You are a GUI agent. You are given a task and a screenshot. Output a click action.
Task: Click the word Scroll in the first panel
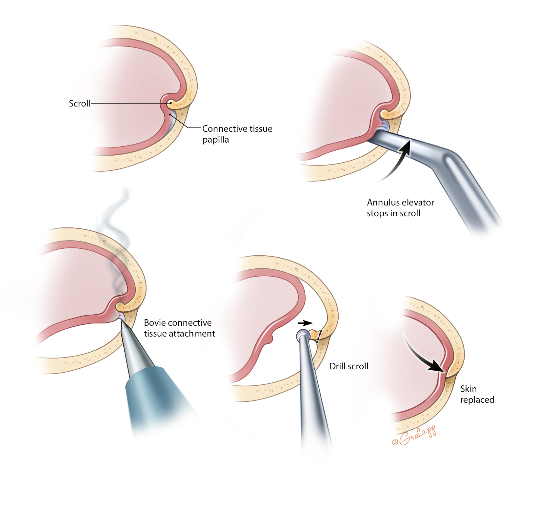pos(79,104)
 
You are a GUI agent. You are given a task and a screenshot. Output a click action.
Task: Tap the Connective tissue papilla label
pos(237,134)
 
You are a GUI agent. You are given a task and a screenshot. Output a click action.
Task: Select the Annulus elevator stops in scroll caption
pos(400,208)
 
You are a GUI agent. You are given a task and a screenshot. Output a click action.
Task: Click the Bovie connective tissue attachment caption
pos(179,328)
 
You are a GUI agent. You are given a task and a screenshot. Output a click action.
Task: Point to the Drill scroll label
pos(349,366)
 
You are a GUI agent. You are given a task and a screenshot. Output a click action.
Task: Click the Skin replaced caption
pos(477,394)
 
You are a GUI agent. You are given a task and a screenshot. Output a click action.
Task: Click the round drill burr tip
pos(303,335)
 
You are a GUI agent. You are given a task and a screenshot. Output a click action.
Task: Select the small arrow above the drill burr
pos(305,323)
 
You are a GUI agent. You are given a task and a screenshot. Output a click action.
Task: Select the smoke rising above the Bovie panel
pos(115,223)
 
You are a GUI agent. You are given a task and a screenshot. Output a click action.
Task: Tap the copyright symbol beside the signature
pos(395,442)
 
